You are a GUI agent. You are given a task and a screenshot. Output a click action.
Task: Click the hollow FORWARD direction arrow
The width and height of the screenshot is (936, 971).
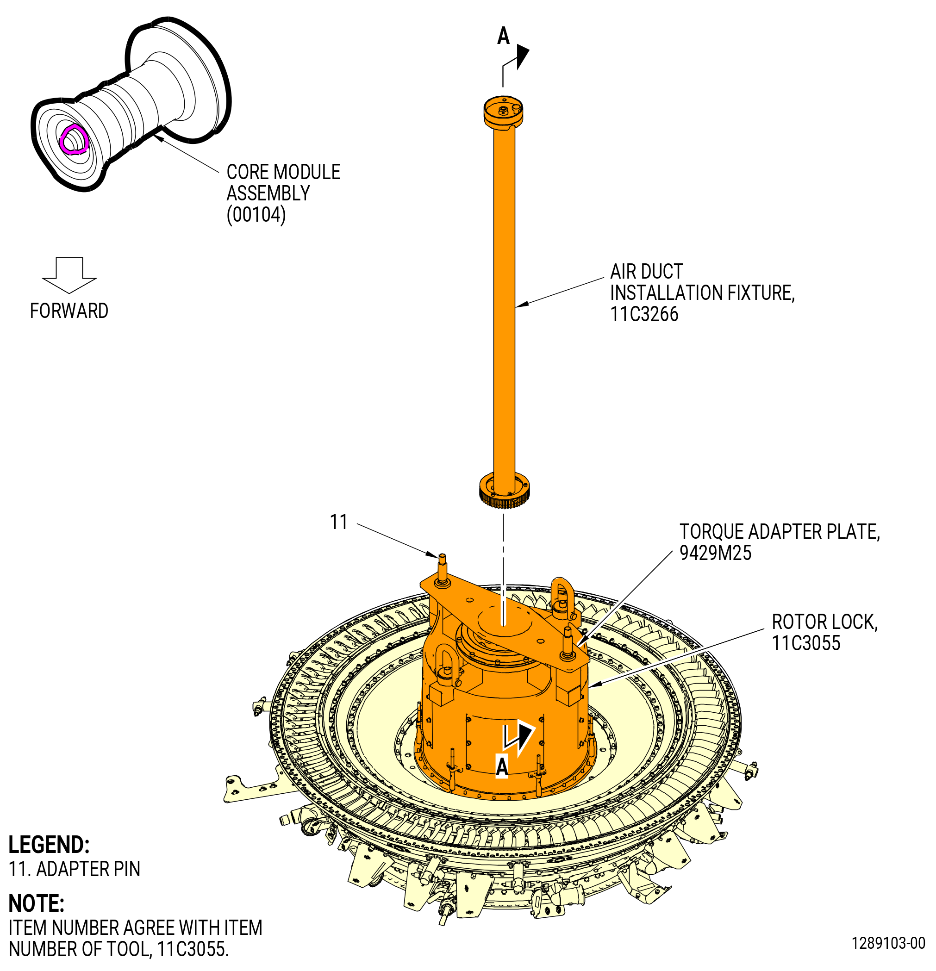click(x=69, y=275)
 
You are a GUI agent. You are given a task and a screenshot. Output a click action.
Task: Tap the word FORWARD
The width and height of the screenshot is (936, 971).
click(x=69, y=311)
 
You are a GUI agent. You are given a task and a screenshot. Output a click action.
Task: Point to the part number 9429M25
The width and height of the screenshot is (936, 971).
click(x=715, y=553)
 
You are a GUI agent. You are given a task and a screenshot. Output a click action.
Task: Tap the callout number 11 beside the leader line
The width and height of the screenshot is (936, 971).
click(x=339, y=522)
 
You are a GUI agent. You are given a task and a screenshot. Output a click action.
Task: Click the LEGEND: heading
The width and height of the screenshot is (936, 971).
click(x=49, y=845)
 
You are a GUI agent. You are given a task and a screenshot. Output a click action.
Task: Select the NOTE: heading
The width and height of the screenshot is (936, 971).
click(x=37, y=903)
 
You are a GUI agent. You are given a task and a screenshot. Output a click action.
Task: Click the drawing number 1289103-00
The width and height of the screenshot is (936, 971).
click(x=888, y=943)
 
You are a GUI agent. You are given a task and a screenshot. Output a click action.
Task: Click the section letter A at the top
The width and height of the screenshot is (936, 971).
click(x=504, y=36)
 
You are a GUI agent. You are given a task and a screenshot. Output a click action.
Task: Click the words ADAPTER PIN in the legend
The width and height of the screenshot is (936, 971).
click(x=88, y=869)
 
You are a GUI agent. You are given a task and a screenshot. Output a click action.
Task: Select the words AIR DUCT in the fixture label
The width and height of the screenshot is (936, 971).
click(x=647, y=272)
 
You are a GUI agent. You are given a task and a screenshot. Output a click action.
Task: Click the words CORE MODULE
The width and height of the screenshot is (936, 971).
click(x=283, y=172)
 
